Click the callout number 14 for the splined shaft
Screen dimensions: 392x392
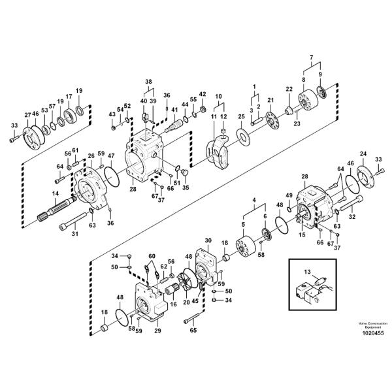click(56, 193)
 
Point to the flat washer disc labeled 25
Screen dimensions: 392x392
click(243, 137)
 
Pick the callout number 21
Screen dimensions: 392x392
click(270, 100)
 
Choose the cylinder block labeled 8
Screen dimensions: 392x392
click(308, 100)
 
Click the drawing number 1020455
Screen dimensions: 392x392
click(373, 333)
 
